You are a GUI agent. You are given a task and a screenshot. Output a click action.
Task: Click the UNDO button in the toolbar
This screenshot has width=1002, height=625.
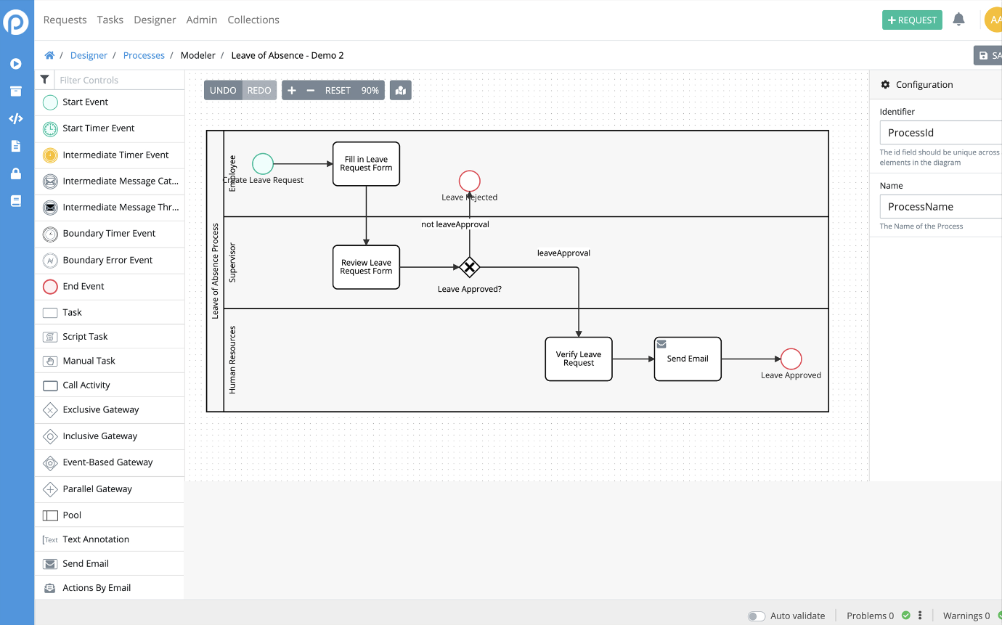(x=223, y=90)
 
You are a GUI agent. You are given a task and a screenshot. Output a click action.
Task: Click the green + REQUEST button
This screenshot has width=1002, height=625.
(x=912, y=20)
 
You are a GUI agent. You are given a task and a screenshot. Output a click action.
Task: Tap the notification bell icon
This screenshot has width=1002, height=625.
(x=958, y=19)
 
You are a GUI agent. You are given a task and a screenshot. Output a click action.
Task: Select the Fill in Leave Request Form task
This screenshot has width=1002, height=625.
(x=366, y=163)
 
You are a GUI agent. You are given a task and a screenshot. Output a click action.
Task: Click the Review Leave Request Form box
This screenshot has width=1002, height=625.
(x=366, y=267)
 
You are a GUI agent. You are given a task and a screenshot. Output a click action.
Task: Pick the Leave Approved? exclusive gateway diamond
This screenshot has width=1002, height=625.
(x=469, y=267)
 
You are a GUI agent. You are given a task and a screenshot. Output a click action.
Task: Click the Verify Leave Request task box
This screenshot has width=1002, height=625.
(x=579, y=359)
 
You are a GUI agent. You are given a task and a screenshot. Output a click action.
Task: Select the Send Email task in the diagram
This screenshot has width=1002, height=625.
(x=688, y=359)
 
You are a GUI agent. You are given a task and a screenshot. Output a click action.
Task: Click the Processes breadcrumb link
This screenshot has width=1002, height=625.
(x=144, y=55)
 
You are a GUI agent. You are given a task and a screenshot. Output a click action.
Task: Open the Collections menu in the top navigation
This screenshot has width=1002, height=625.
(x=253, y=20)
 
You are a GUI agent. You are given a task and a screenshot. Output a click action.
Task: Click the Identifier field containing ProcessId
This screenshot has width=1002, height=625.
(x=940, y=133)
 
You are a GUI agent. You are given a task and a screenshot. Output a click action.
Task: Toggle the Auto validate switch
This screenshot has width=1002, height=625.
(x=757, y=616)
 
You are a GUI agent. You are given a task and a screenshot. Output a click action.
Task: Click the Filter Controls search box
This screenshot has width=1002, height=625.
(x=119, y=80)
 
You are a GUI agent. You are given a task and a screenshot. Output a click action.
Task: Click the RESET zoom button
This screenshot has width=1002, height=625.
(x=338, y=90)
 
